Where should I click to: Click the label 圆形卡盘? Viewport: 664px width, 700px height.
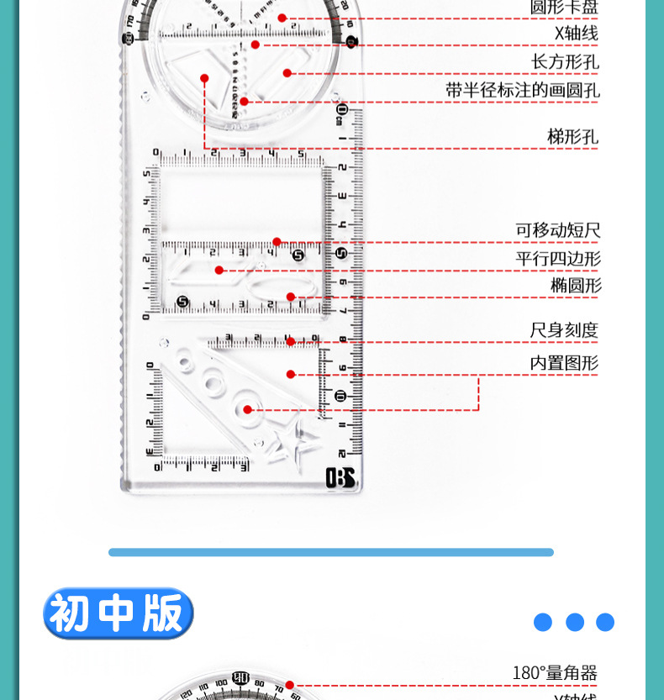click(564, 8)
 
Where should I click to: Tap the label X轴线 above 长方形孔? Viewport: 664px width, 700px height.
click(576, 34)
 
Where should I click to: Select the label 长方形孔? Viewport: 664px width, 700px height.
click(565, 61)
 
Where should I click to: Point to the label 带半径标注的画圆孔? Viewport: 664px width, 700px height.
click(522, 90)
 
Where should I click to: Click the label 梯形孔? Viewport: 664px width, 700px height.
click(572, 136)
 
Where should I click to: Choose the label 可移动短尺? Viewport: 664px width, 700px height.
click(558, 230)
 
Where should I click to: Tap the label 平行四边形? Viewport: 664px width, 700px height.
click(558, 258)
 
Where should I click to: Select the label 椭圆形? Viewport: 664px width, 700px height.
click(576, 285)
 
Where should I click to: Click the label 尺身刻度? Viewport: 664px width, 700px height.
click(564, 330)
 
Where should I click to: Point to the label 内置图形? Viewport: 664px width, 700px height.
click(564, 363)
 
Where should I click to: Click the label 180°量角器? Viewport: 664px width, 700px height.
click(555, 673)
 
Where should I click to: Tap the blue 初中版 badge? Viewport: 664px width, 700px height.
click(118, 613)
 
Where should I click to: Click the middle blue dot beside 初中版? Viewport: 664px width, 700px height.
click(575, 622)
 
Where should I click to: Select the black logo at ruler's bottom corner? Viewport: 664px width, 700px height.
click(340, 477)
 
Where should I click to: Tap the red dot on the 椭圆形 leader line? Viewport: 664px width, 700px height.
click(291, 297)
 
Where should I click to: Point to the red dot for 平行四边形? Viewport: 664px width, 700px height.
click(219, 270)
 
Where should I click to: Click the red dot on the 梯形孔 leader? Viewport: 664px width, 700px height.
click(204, 78)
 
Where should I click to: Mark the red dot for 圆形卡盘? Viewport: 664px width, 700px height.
click(282, 18)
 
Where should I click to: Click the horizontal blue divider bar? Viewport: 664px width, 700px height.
click(331, 552)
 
